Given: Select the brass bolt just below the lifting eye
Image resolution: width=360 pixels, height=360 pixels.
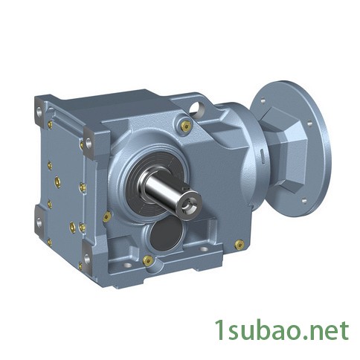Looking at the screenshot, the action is (x=186, y=126).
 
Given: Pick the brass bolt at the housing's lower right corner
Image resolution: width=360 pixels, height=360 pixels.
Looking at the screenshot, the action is (x=239, y=244).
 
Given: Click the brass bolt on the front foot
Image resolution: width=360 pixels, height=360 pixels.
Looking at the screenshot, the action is (x=148, y=260).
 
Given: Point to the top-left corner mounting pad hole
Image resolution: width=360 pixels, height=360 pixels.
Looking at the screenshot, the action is (x=39, y=112).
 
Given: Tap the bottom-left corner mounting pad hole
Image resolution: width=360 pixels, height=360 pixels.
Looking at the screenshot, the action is (x=39, y=222).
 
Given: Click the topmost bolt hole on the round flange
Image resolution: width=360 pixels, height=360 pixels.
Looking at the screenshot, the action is (x=263, y=100).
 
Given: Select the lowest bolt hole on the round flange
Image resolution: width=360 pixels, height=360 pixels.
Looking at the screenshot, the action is (x=303, y=201).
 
